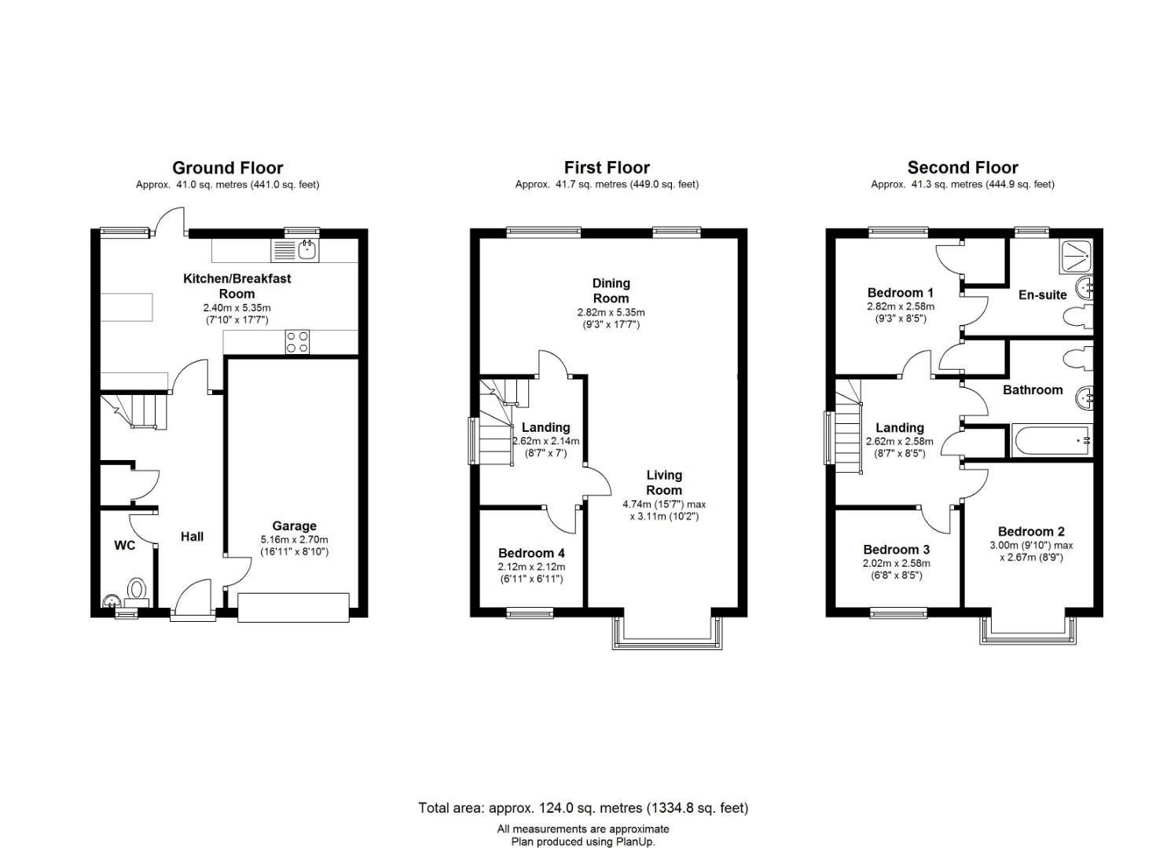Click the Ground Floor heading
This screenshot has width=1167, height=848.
tap(227, 168)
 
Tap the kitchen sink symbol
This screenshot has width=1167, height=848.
tap(307, 250)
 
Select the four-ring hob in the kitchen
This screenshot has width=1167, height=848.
tap(297, 342)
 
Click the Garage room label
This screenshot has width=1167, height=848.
tap(294, 526)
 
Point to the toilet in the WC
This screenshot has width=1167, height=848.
tap(138, 590)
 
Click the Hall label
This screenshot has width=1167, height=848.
tap(192, 536)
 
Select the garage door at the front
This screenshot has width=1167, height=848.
tap(293, 608)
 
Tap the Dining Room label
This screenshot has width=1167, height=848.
tap(611, 291)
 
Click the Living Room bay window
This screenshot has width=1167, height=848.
tap(666, 634)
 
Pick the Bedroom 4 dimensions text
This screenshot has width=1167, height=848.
tap(531, 572)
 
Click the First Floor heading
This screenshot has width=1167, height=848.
tap(607, 168)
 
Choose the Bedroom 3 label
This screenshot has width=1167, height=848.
tap(896, 550)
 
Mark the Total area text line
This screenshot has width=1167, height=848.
tap(583, 807)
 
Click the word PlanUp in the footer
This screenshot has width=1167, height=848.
tap(634, 842)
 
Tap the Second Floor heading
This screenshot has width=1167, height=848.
tap(962, 168)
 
